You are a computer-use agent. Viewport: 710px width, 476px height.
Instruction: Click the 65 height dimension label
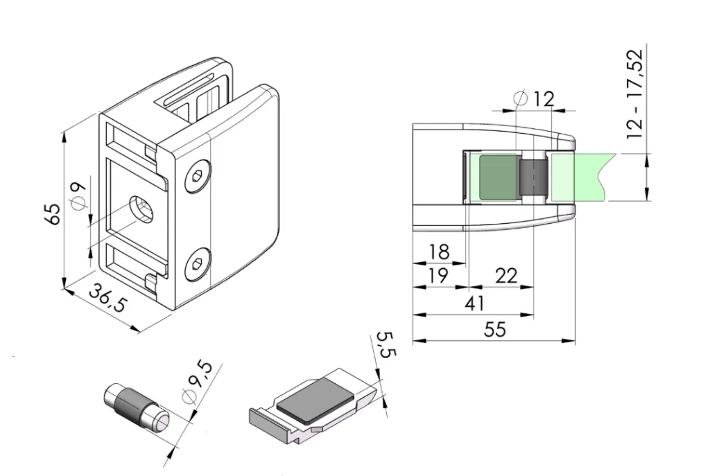[53, 214]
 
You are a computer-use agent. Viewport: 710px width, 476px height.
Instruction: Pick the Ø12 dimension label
[535, 98]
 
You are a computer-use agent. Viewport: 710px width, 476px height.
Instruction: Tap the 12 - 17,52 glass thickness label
[635, 94]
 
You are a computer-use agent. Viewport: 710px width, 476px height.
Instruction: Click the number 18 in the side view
[439, 252]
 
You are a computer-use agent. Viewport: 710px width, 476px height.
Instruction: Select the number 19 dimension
[438, 275]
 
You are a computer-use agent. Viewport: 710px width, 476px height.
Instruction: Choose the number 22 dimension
[506, 276]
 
